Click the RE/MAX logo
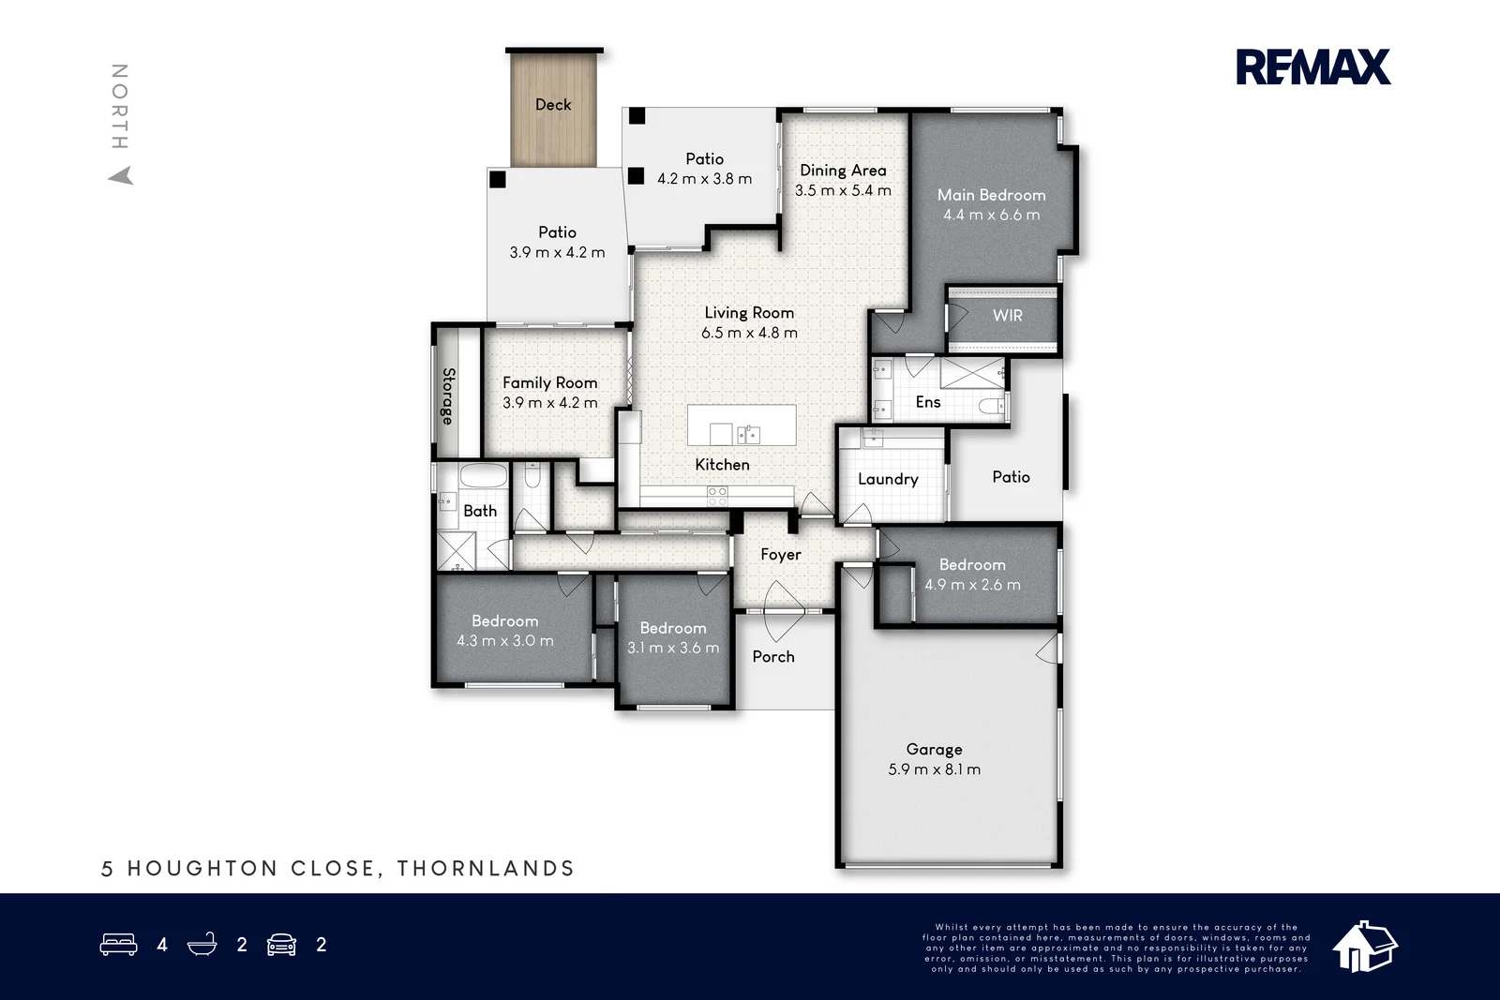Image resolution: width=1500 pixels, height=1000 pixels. coord(1312,67)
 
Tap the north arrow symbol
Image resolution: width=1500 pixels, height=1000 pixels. coord(121,175)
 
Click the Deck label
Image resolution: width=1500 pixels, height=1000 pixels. coord(553,105)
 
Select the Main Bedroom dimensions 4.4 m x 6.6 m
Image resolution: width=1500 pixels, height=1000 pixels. coord(991,215)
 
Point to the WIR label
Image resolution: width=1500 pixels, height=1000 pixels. coord(1008,316)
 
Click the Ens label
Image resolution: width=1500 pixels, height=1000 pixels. coord(928,402)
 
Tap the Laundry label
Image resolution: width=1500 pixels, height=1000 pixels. coord(888,479)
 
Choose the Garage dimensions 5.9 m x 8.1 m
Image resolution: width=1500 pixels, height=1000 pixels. coord(934,769)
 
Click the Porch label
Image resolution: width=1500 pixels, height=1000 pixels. coord(773,657)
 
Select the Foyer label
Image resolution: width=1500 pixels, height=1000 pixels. coord(781,555)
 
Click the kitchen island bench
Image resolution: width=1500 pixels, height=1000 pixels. coord(742,425)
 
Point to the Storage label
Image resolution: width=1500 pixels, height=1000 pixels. coord(449,396)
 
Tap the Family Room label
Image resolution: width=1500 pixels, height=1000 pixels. coord(549,382)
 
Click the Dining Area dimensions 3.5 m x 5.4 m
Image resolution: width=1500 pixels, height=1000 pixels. coord(843,190)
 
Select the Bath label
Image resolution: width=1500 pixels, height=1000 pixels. coord(480,511)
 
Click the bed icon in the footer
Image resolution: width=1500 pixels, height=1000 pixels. coord(118,945)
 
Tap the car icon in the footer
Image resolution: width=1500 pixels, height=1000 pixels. coord(281,945)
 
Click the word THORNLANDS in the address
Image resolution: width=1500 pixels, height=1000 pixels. coord(486,869)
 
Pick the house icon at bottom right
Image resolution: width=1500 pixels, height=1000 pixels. coord(1365,946)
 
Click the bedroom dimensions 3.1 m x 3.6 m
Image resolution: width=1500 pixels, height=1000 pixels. coord(673,649)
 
